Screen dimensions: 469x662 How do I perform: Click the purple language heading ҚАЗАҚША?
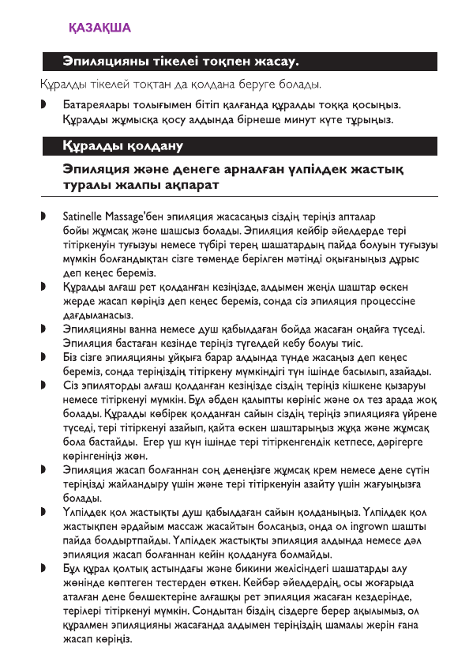(x=99, y=28)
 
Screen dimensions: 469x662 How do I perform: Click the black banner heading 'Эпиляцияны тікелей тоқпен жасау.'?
(x=183, y=60)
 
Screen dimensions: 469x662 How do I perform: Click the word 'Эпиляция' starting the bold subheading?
(x=100, y=169)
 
